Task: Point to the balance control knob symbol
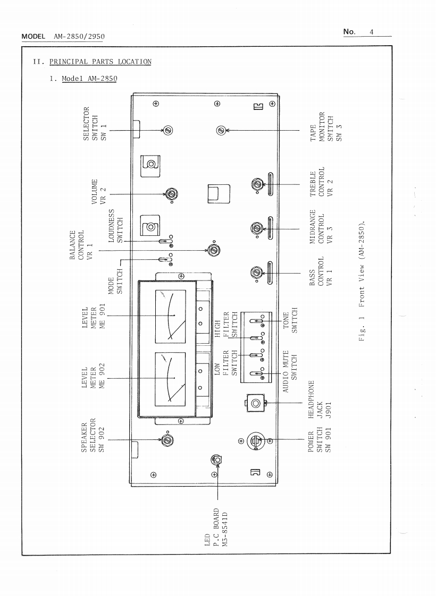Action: [x=213, y=250]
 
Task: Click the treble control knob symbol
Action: [x=257, y=184]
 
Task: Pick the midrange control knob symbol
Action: [x=257, y=228]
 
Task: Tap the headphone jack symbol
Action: [x=256, y=404]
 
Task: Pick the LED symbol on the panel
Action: [x=216, y=459]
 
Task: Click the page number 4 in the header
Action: [x=372, y=32]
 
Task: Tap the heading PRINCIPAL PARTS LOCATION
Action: [x=100, y=62]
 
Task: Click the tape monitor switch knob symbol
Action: [x=221, y=130]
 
